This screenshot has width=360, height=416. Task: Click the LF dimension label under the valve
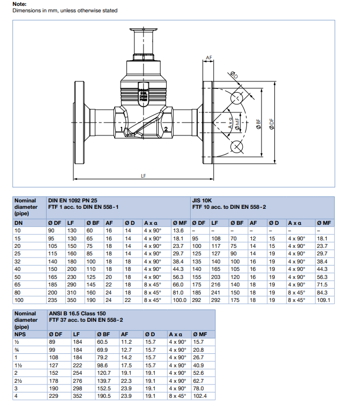click(x=143, y=175)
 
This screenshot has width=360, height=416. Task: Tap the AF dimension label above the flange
click(x=209, y=57)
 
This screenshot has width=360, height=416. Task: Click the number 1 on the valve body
click(x=123, y=130)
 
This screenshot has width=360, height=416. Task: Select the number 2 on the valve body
click(x=166, y=129)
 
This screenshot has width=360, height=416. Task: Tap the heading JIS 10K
click(x=203, y=200)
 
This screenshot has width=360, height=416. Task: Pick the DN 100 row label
click(x=19, y=300)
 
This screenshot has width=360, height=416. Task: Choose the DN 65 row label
click(x=18, y=284)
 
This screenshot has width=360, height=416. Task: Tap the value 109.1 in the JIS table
click(x=325, y=300)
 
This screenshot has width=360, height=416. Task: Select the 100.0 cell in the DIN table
click(x=180, y=300)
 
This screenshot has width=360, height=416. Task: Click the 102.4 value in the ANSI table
click(x=199, y=396)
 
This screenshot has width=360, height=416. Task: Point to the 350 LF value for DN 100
click(x=71, y=300)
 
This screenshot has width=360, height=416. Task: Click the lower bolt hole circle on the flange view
click(x=236, y=147)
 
